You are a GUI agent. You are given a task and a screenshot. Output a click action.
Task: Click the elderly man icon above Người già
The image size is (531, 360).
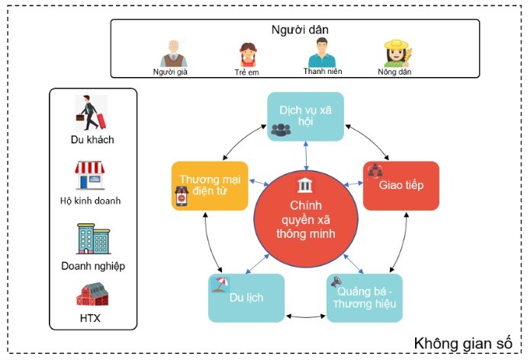[x=173, y=53]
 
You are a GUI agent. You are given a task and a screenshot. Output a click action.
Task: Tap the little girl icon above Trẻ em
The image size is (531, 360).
[x=248, y=55]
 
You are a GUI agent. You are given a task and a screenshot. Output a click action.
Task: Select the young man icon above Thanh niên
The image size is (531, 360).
[x=322, y=53]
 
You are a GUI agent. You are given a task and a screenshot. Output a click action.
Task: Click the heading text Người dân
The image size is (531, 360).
[x=300, y=30]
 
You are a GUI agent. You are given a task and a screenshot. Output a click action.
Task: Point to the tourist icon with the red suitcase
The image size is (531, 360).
[x=91, y=113]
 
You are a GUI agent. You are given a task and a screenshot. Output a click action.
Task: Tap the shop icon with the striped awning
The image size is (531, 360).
[x=90, y=175]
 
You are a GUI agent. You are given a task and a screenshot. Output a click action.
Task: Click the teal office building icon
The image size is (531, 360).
[x=94, y=239]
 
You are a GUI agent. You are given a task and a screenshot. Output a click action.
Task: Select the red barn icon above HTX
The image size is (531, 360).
[x=92, y=294]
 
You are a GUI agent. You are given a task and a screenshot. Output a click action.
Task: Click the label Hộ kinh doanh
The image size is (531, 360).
[x=91, y=201]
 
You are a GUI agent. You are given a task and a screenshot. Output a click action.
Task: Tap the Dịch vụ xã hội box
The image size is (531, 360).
[x=305, y=117]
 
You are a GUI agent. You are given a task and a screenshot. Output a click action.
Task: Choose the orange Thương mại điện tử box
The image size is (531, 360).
[x=210, y=186]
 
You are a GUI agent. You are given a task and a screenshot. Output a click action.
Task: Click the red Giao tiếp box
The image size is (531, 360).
[x=401, y=186]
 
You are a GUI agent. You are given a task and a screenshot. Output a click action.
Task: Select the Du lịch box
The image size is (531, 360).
[x=246, y=298]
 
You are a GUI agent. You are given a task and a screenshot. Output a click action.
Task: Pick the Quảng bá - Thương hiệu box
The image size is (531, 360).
[x=365, y=298]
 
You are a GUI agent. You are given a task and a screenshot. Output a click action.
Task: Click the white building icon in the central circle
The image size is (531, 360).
[x=304, y=185]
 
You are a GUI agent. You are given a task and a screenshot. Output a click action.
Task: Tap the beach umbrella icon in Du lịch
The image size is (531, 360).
[x=220, y=284]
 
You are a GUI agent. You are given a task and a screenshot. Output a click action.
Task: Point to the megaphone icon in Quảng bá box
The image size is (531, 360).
[x=336, y=281]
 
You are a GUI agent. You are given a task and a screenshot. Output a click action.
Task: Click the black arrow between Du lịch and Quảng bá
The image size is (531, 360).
[x=305, y=317]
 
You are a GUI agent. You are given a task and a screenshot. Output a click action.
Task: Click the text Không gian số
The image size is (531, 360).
[x=463, y=343]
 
